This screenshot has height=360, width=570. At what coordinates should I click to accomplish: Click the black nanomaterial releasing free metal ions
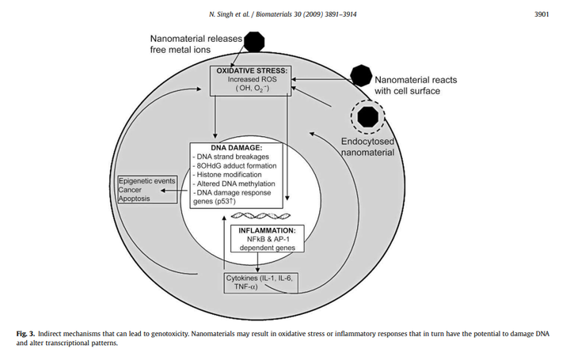click(x=255, y=42)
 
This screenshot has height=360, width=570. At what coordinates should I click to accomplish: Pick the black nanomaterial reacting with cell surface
click(x=360, y=76)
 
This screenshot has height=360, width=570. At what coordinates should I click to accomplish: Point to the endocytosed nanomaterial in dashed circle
click(x=367, y=117)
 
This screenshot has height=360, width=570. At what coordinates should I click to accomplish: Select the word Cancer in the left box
click(x=131, y=191)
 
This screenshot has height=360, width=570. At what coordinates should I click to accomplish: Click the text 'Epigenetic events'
click(x=146, y=181)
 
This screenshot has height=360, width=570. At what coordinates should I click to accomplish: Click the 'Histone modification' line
click(x=231, y=176)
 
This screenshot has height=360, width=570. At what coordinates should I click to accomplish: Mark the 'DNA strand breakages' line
click(x=232, y=157)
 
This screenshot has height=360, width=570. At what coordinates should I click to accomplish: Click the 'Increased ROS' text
click(x=251, y=81)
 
